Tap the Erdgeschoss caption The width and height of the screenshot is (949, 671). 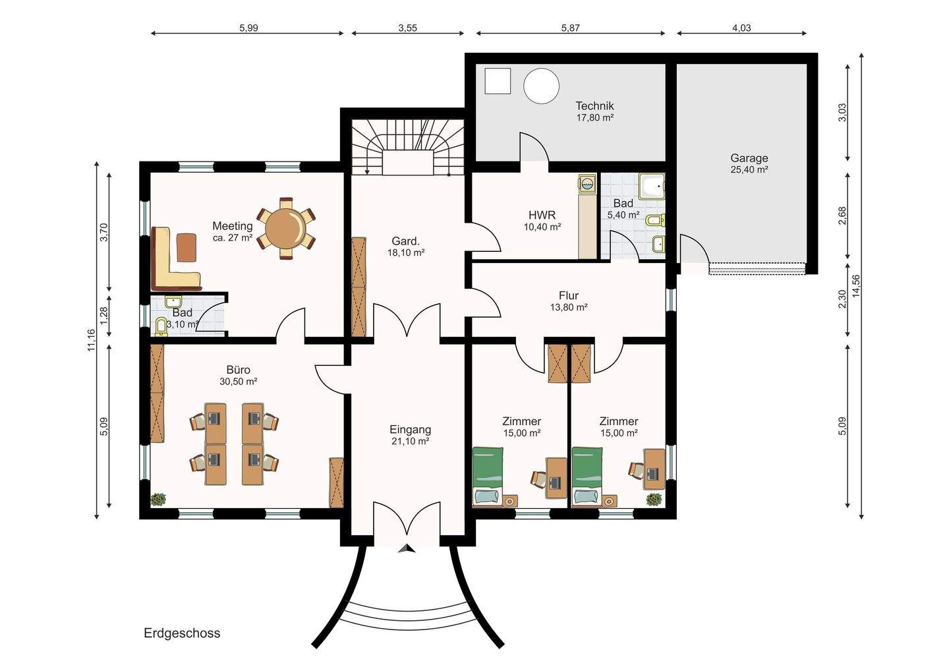coord(182,633)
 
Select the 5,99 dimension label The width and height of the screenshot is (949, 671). coord(248,28)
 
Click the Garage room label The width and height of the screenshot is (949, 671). coord(749,158)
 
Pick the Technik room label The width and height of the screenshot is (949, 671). coord(594,105)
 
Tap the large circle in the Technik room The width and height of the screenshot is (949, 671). coord(541,86)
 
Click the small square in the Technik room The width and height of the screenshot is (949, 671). coord(498,82)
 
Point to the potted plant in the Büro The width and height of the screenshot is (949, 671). coord(158,500)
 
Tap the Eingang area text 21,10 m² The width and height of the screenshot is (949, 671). coord(410,442)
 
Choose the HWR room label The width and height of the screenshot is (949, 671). coord(542,215)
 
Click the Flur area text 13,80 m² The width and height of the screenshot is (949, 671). coord(568,307)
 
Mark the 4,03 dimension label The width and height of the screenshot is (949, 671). coord(741,28)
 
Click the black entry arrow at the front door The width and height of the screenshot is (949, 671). coord(407,547)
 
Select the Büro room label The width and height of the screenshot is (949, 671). coord(238,370)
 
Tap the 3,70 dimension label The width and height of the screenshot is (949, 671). coord(103,233)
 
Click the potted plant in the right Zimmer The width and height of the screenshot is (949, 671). coord(654,500)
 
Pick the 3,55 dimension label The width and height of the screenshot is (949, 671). coord(407,28)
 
